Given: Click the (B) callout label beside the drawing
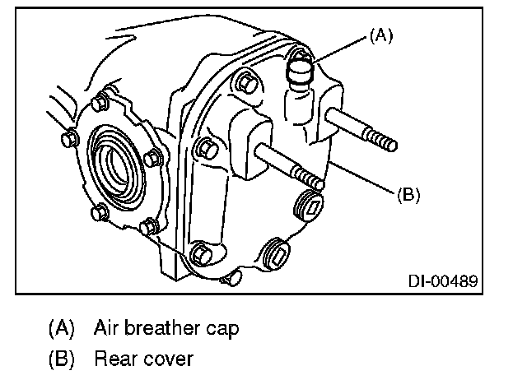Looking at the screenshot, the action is (x=409, y=195).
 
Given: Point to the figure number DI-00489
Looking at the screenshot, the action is (x=443, y=281).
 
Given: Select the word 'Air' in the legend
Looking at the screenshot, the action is (x=108, y=328).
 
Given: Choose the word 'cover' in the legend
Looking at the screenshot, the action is (x=170, y=359).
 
